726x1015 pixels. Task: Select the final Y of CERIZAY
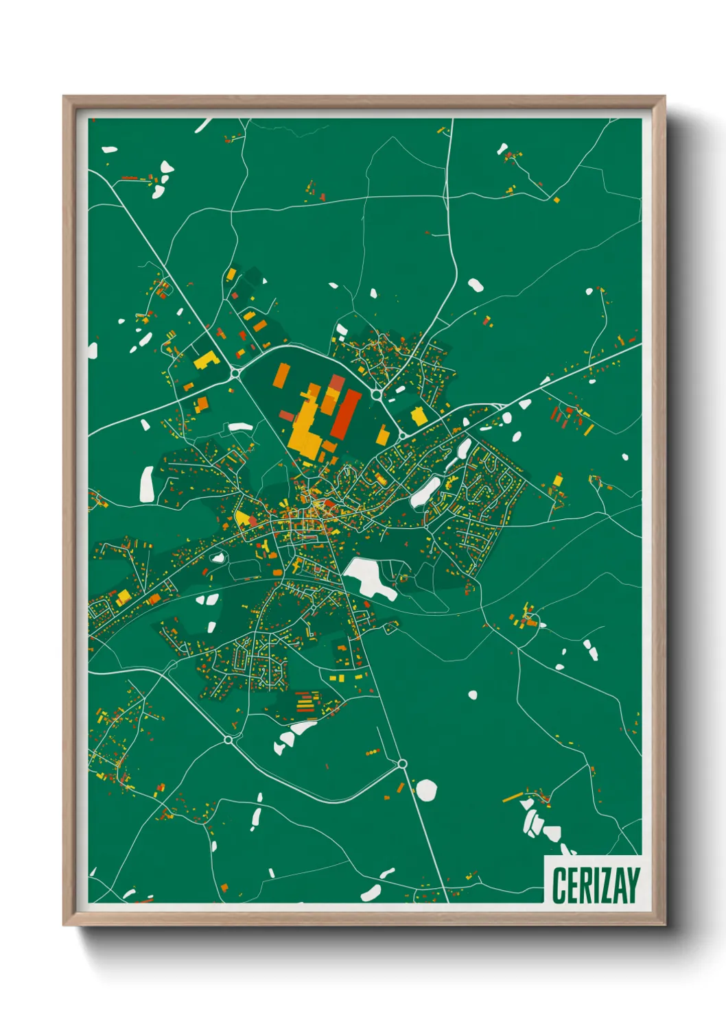coord(633,885)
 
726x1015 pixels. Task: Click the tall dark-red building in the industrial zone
coord(347,414)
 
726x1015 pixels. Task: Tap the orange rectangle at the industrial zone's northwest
coord(281,377)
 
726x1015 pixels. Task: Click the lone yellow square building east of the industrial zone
coord(417,416)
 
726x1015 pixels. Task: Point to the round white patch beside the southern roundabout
coord(426,790)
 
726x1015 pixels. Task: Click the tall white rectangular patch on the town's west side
coord(147,483)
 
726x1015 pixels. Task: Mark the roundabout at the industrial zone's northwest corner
coord(235,373)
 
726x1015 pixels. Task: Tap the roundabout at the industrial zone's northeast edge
coord(376,395)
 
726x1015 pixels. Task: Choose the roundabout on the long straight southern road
coord(402,763)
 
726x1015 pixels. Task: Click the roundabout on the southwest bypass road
coord(228,740)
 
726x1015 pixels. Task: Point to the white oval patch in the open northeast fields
coord(475,285)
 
